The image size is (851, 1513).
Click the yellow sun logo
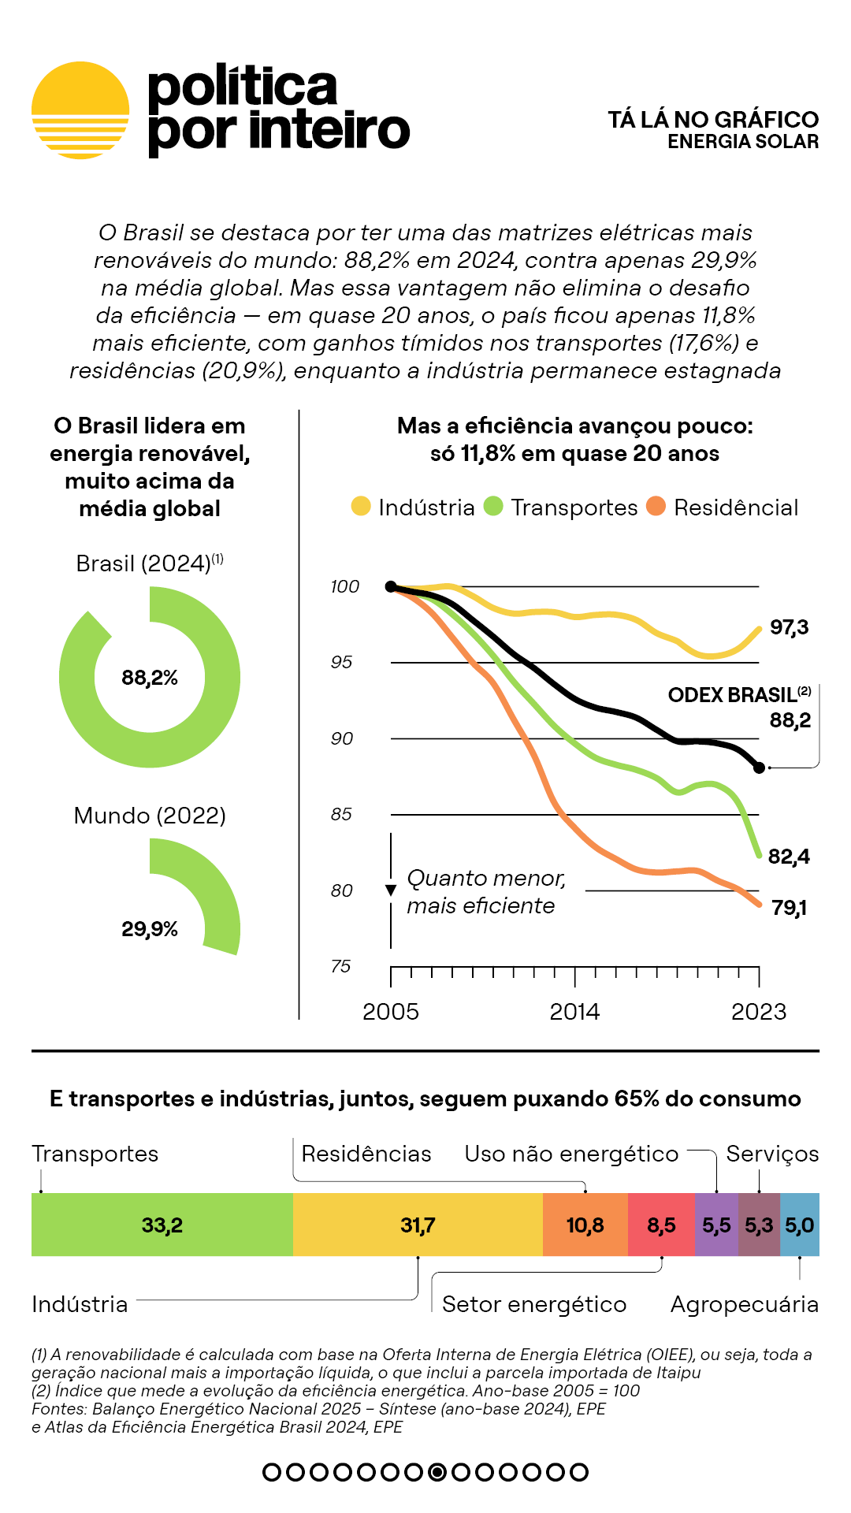[80, 110]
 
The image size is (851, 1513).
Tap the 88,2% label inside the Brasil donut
[150, 678]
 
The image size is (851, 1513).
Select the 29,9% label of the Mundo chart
[150, 929]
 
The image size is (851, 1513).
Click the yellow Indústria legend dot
[361, 506]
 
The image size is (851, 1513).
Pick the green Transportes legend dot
[493, 506]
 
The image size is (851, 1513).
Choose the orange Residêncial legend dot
[656, 506]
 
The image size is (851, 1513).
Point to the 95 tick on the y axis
[341, 662]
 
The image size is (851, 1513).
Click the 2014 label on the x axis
[574, 1012]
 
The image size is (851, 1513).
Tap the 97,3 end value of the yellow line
[789, 627]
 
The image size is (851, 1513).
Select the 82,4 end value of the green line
[788, 857]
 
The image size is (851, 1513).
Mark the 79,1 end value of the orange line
[789, 908]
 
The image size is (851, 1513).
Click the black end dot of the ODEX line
[759, 767]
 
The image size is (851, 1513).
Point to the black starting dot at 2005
[391, 586]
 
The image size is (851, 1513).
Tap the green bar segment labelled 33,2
[162, 1225]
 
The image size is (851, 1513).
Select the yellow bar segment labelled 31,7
[418, 1225]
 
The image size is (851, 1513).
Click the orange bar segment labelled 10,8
[585, 1225]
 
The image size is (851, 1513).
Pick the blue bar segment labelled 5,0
[799, 1225]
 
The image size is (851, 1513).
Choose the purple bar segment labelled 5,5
[716, 1225]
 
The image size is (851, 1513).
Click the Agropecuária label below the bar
[744, 1304]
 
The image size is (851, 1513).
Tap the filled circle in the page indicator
[437, 1471]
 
